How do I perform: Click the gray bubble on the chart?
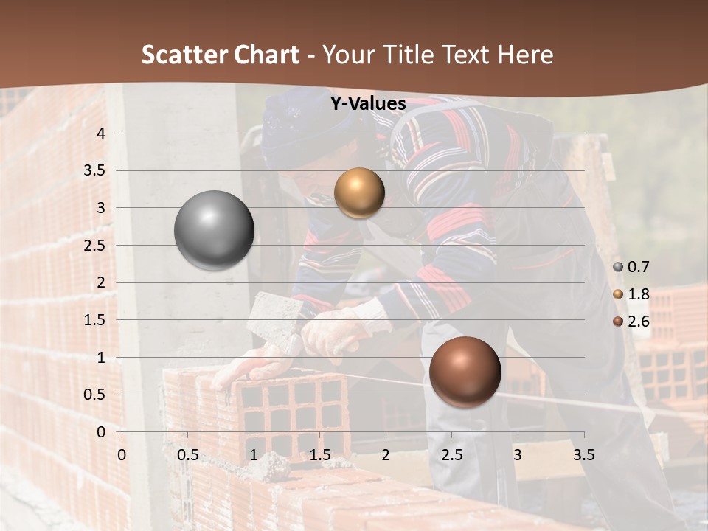pyautogui.click(x=215, y=230)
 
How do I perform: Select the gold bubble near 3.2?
pyautogui.click(x=359, y=192)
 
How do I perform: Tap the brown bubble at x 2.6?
pyautogui.click(x=465, y=372)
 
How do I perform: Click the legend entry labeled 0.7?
pyautogui.click(x=631, y=267)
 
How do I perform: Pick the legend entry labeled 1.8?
pyautogui.click(x=631, y=294)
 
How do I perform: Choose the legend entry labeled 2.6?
pyautogui.click(x=631, y=321)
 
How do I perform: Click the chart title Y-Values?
pyautogui.click(x=367, y=104)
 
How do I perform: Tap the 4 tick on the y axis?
pyautogui.click(x=101, y=133)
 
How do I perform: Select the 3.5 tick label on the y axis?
pyautogui.click(x=95, y=170)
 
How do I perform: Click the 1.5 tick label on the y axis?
pyautogui.click(x=95, y=320)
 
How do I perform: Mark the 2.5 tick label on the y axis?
pyautogui.click(x=95, y=246)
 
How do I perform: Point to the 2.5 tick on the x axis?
pyautogui.click(x=451, y=454)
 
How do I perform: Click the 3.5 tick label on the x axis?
pyautogui.click(x=583, y=454)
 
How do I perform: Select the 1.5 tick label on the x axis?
pyautogui.click(x=319, y=454)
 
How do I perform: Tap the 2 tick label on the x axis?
pyautogui.click(x=386, y=454)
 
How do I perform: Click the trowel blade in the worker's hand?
pyautogui.click(x=271, y=317)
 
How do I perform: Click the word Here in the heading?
pyautogui.click(x=525, y=55)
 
